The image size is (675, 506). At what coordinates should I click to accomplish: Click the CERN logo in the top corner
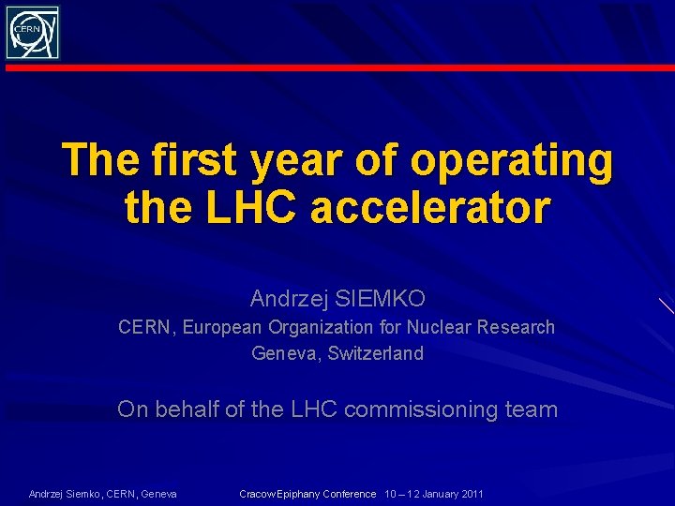[x=33, y=33]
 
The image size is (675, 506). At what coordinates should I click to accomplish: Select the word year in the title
[x=299, y=161]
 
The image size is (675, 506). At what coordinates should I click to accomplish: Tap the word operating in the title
[x=512, y=161]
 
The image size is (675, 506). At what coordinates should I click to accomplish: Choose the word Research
[x=516, y=327]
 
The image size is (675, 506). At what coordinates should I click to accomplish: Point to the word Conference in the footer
[x=349, y=494]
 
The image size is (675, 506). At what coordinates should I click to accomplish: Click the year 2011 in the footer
[x=472, y=494]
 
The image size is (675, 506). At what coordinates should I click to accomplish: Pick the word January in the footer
[x=436, y=494]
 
